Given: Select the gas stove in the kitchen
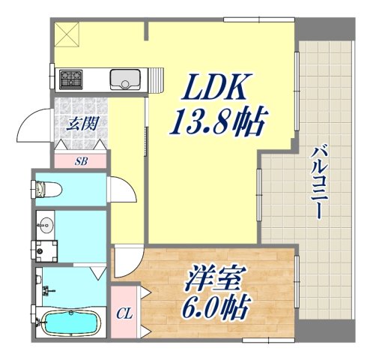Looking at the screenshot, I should (x=72, y=78).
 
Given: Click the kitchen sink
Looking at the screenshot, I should (x=124, y=78).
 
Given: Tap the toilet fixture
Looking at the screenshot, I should (x=49, y=189).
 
